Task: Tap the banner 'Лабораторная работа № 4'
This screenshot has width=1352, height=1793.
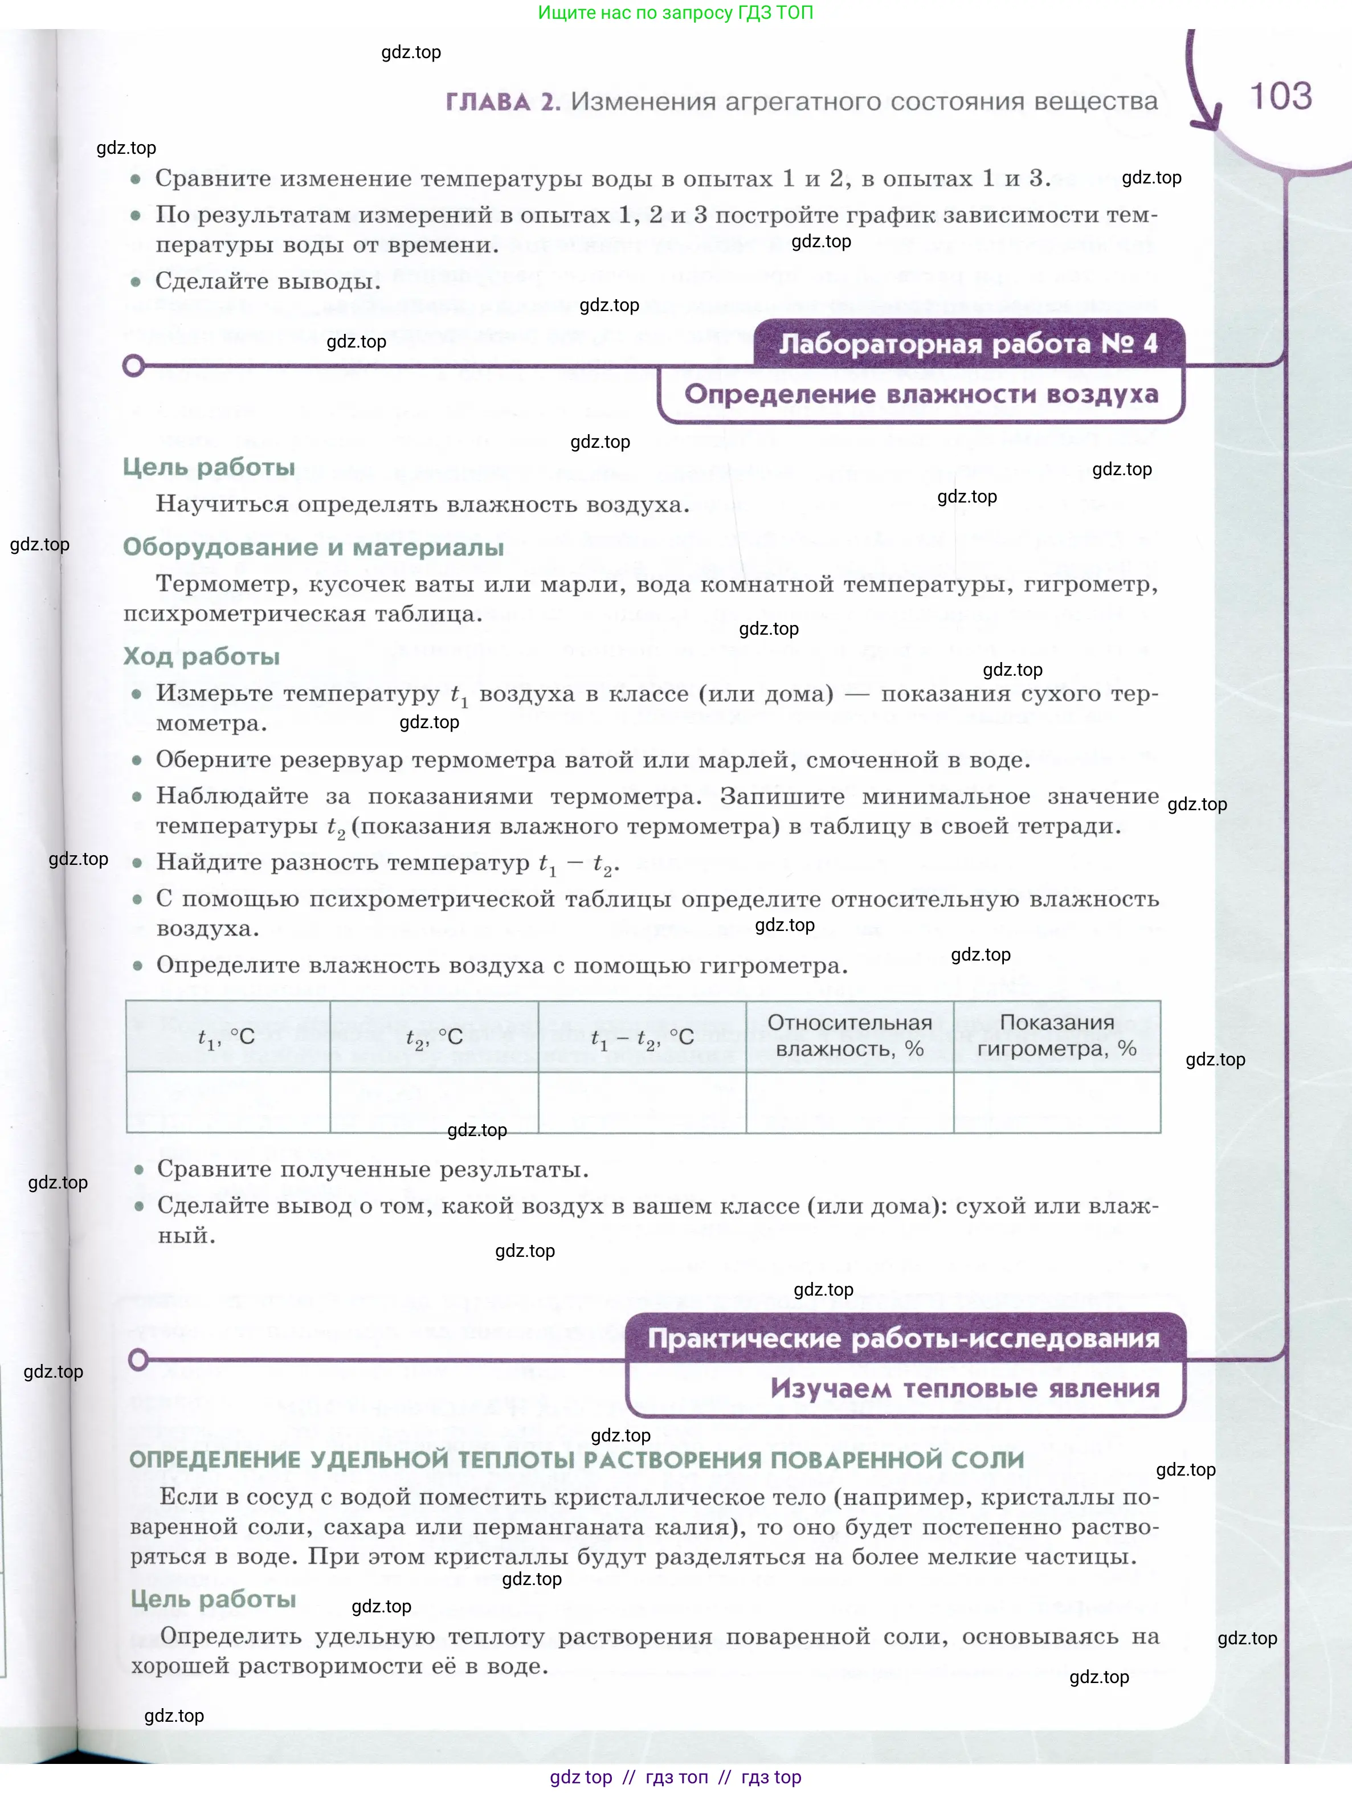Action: (968, 344)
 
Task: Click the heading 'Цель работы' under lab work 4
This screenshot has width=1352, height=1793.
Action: (209, 468)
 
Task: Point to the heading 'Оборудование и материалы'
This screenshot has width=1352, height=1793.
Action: (313, 547)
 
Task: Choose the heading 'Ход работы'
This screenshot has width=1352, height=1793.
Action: (201, 656)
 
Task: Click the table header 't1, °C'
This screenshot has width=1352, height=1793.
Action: (227, 1037)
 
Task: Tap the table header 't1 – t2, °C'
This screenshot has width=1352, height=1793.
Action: (642, 1037)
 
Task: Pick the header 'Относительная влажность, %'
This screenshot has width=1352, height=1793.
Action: (849, 1035)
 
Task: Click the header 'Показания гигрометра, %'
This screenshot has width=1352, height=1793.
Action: (1056, 1035)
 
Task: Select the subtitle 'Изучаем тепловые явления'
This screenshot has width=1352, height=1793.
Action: (965, 1388)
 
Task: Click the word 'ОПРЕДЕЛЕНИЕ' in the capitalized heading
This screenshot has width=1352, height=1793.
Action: (215, 1460)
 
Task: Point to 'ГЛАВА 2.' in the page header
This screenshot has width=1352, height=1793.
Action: (503, 102)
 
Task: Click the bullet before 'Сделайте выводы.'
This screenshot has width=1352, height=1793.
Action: (136, 282)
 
